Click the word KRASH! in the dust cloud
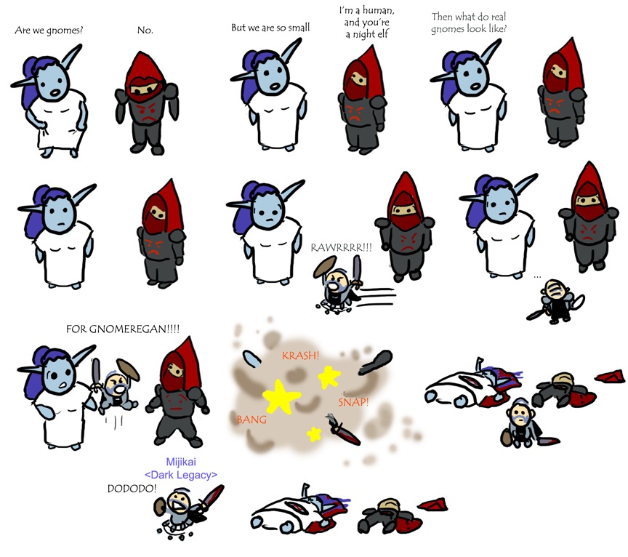coord(300,356)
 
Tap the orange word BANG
coord(251,420)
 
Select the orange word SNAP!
coord(353,402)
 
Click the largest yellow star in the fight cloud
coord(281,397)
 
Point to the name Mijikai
coord(181,462)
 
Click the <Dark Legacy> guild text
coord(181,475)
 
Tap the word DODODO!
coord(132,489)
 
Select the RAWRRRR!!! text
coord(341,248)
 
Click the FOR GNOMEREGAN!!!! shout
coord(123,329)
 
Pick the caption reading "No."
coord(145,30)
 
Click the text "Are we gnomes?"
coord(49,31)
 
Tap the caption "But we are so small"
coord(270,28)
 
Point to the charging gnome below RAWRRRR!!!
coord(339,285)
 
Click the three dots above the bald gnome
coord(537,276)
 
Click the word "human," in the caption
coord(379,10)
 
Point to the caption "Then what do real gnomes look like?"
coord(469,23)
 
